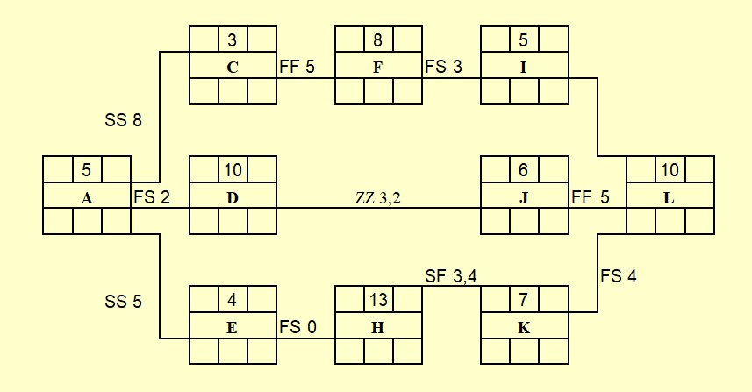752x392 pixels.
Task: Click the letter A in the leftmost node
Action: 87,198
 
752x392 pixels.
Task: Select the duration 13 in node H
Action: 378,300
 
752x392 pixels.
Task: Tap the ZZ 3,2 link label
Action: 378,197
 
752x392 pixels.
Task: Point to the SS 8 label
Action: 123,120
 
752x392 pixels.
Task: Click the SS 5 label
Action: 123,302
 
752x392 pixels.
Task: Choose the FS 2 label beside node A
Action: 152,197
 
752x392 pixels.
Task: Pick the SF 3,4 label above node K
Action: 451,276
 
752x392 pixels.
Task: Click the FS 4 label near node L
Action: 619,276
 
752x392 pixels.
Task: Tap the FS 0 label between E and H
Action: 297,327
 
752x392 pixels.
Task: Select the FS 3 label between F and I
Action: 444,66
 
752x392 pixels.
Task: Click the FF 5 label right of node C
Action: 297,66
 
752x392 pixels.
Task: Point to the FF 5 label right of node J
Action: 591,197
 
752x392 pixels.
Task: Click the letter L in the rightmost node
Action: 669,198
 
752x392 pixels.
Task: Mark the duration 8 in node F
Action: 378,40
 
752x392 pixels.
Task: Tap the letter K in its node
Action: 524,328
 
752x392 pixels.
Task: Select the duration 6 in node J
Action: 523,170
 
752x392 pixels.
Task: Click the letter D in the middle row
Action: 233,198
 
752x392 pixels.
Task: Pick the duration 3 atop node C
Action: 233,40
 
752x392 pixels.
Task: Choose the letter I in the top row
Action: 523,68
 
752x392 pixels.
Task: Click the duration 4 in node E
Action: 233,300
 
